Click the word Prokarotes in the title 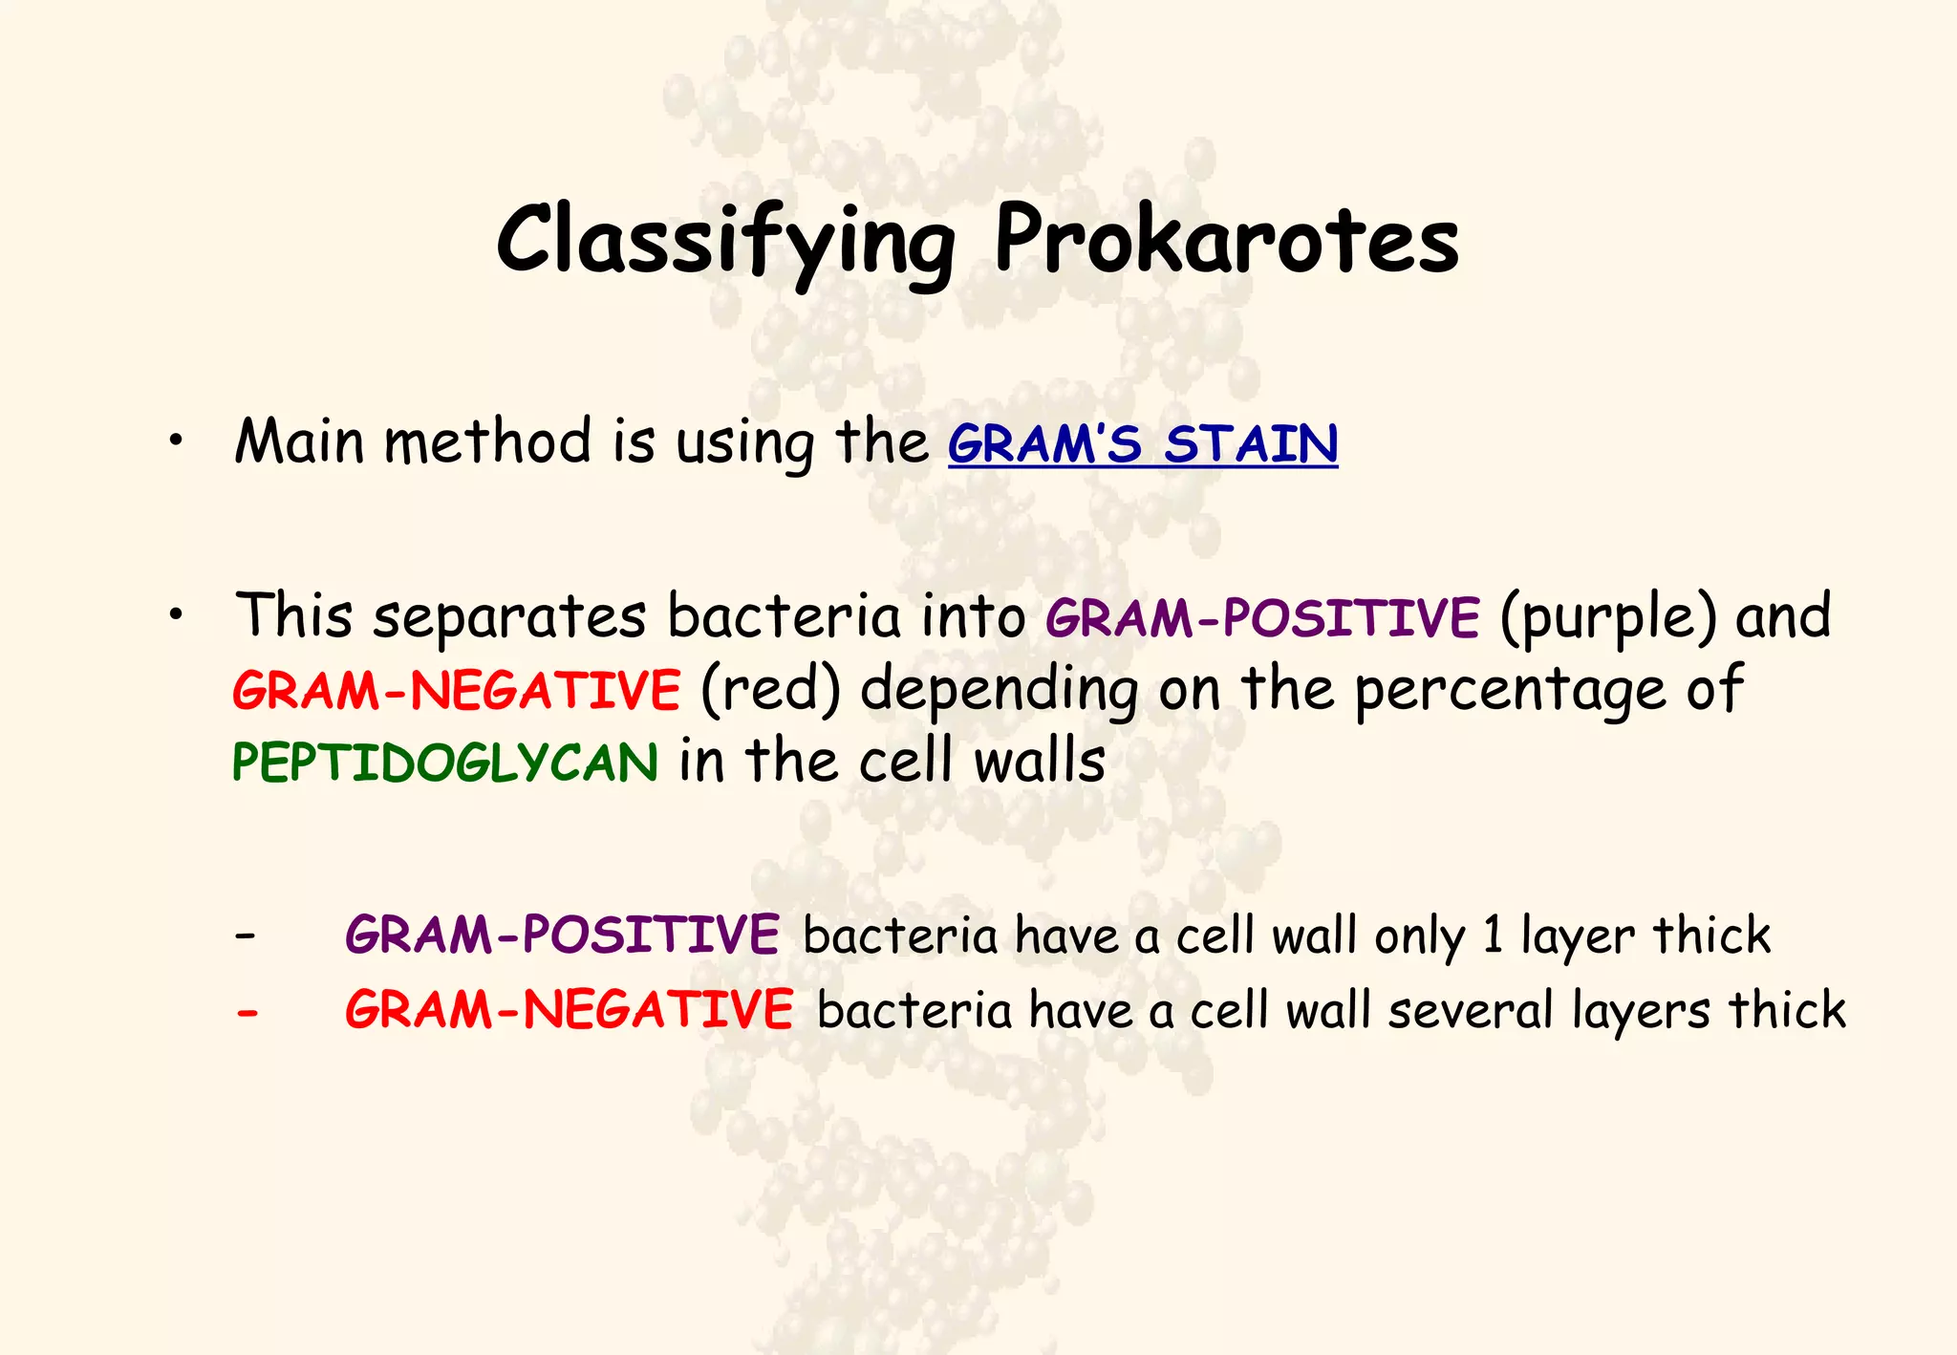tap(1226, 241)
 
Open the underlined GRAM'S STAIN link tap(1143, 444)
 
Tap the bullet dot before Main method tap(174, 442)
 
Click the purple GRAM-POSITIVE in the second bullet tap(1262, 617)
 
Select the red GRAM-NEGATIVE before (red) tap(456, 690)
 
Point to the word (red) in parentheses tap(770, 690)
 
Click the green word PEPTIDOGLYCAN tap(445, 763)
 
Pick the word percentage tap(1510, 690)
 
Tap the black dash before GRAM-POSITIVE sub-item tap(245, 935)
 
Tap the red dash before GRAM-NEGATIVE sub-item tap(247, 1011)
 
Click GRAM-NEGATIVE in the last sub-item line tap(569, 1010)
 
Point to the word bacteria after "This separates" tap(784, 616)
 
